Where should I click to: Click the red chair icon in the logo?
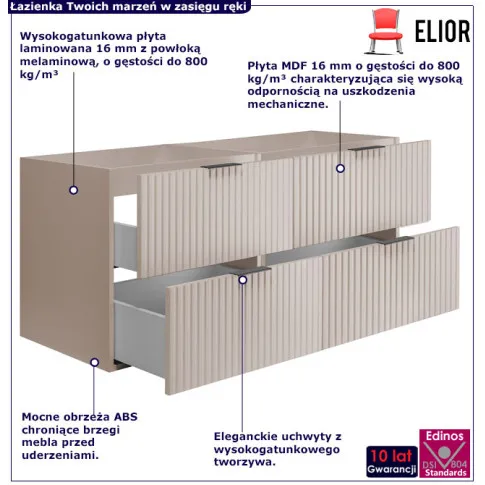coord(385,31)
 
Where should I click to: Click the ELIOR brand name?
coord(442,31)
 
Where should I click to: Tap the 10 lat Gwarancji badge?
coord(392,461)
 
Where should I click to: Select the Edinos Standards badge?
coord(445,454)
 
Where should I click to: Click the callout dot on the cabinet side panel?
coord(74,190)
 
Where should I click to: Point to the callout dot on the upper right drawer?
coord(340,168)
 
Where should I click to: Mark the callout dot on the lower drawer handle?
coord(243,280)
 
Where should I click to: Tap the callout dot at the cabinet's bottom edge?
coord(95,362)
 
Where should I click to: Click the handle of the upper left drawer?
coord(221,166)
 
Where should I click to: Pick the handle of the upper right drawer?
coord(367,148)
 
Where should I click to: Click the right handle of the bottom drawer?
coord(396,240)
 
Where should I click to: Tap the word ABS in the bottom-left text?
coord(126,417)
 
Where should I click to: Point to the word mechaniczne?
coord(288,104)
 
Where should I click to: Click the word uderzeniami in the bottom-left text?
coord(60,455)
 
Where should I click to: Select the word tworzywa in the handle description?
coord(245,462)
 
